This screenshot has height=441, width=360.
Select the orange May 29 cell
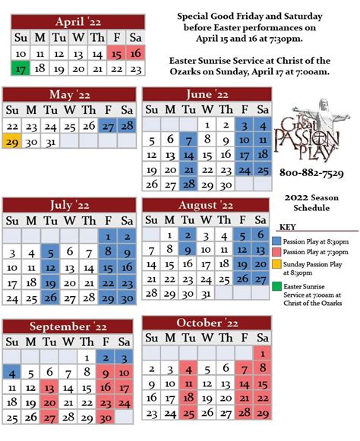[13, 141]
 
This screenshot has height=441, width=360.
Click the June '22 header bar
[207, 95]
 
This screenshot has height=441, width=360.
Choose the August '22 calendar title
[207, 205]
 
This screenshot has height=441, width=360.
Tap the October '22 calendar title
[207, 323]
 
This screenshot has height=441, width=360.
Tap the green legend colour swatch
[276, 287]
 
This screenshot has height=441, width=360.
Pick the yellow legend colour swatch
[276, 264]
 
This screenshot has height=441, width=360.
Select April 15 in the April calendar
[116, 54]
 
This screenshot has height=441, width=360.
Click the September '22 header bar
[68, 327]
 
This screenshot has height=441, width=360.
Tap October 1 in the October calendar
[261, 352]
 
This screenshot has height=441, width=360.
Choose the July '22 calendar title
[68, 205]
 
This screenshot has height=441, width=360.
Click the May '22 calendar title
[68, 94]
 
